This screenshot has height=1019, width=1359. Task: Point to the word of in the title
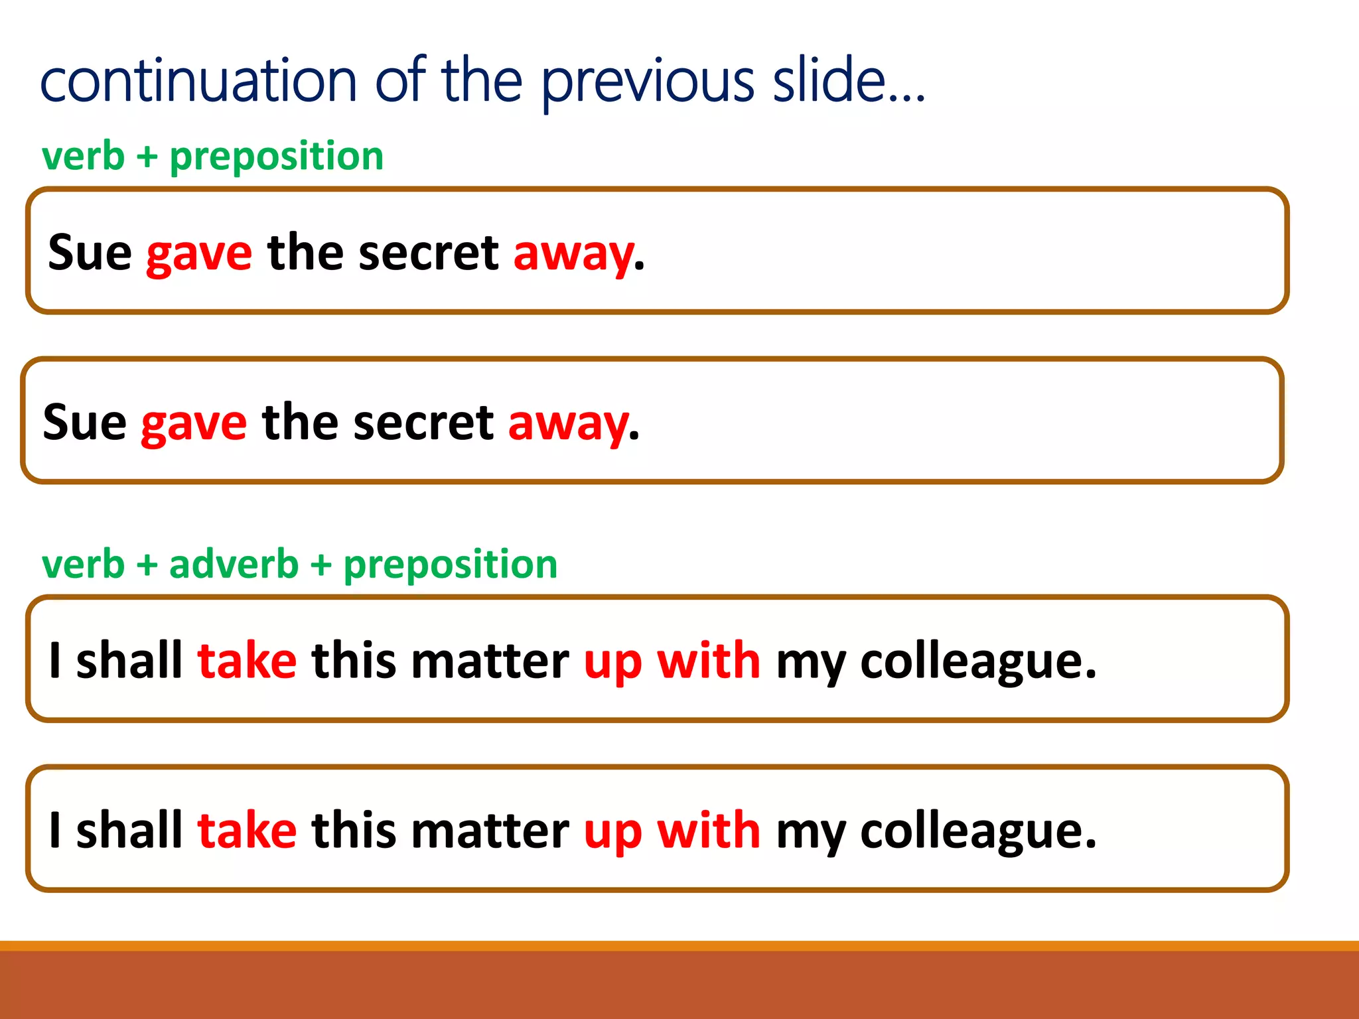(400, 81)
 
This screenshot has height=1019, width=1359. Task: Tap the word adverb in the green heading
(234, 565)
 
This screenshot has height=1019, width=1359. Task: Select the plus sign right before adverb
(147, 566)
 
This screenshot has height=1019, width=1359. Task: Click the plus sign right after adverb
(321, 566)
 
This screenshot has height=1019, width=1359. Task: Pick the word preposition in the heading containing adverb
(450, 566)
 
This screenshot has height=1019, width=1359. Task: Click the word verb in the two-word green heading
(83, 157)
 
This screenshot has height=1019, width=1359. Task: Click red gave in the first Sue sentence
(199, 254)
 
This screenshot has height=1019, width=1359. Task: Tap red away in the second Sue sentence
(568, 424)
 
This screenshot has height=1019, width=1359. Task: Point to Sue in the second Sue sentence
(84, 423)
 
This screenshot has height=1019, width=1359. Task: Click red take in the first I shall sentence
(247, 661)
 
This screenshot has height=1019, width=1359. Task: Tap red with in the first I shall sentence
(708, 661)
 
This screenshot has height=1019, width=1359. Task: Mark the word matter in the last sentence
(489, 831)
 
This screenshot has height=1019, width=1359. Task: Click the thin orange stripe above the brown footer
(679, 945)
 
